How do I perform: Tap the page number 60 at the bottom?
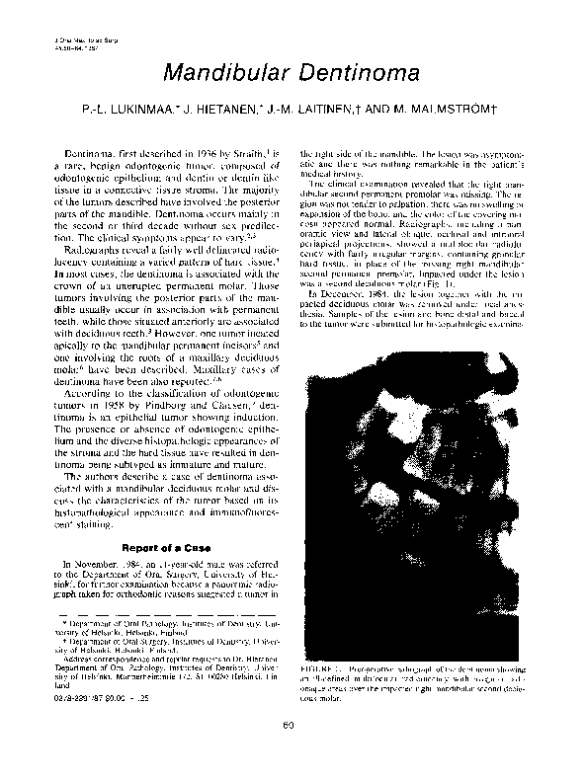pyautogui.click(x=292, y=755)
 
